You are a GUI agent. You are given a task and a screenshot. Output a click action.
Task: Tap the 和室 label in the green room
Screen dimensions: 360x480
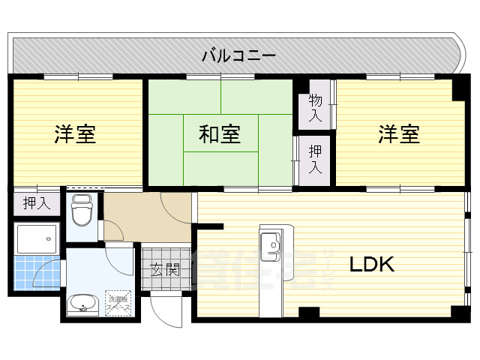(x=219, y=135)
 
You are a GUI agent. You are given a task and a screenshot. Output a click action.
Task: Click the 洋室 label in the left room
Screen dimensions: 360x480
(x=75, y=135)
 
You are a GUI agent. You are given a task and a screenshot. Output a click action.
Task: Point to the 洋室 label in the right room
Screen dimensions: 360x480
(x=398, y=135)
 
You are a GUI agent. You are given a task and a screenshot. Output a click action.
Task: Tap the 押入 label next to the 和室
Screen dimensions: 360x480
(x=315, y=159)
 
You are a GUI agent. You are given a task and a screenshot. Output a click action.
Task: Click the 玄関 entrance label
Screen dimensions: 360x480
(x=164, y=268)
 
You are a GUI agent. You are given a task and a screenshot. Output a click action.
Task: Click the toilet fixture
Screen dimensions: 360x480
(x=81, y=212)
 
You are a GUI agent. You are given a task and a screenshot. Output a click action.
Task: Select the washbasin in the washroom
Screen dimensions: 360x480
(x=82, y=304)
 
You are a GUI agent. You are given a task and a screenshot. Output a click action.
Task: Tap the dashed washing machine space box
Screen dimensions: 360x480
(x=118, y=303)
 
